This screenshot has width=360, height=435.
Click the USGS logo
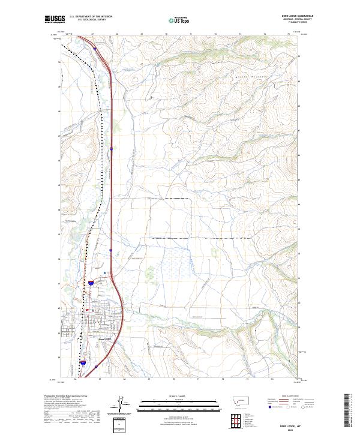[55, 20]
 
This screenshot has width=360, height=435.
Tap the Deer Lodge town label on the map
[105, 338]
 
